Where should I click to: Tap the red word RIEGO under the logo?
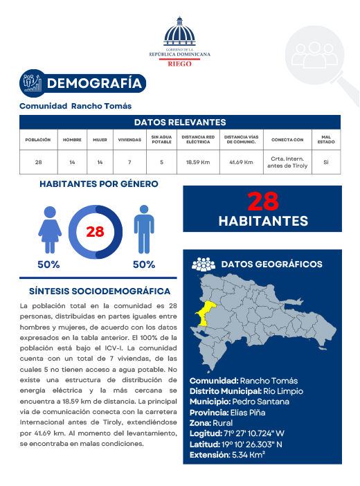[x=180, y=62]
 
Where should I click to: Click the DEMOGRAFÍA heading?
[x=97, y=84]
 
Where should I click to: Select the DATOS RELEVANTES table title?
[x=180, y=122]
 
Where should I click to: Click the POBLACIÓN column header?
[x=38, y=140]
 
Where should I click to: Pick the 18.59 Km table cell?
[x=198, y=163]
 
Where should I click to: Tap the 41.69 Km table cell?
[x=241, y=163]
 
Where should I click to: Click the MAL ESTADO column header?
[x=325, y=140]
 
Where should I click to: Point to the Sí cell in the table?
[x=325, y=163]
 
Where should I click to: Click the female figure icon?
[x=51, y=231]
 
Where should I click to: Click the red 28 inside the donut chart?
[x=95, y=232]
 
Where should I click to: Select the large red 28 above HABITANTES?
[x=262, y=201]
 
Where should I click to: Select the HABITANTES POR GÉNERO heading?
[x=99, y=184]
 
